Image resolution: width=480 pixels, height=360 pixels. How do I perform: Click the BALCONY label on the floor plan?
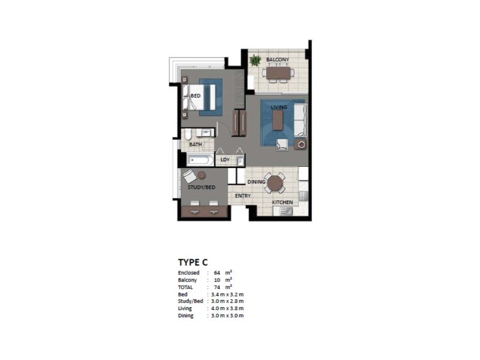click(x=278, y=59)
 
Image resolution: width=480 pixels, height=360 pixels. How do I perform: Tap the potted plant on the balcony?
click(x=256, y=60)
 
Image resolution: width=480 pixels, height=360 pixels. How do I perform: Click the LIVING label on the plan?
click(x=278, y=107)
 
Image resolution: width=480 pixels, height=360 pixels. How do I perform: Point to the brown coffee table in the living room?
click(x=278, y=121)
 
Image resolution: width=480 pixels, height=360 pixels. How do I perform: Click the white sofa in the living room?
click(x=299, y=119)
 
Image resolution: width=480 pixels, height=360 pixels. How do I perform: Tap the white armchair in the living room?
click(x=281, y=145)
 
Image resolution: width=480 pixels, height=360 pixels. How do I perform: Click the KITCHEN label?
click(x=283, y=203)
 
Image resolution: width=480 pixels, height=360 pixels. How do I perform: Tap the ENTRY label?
click(x=243, y=196)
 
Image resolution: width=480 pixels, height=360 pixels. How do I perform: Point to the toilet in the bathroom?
click(x=187, y=134)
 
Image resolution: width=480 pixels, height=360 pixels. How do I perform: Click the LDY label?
click(x=225, y=160)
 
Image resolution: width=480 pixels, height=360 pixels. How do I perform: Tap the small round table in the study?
click(x=202, y=175)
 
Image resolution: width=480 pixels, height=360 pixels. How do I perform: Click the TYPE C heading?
click(x=193, y=262)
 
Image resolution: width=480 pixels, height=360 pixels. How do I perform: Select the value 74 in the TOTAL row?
click(x=217, y=287)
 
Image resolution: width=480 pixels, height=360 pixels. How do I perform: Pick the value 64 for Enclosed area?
click(x=217, y=273)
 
